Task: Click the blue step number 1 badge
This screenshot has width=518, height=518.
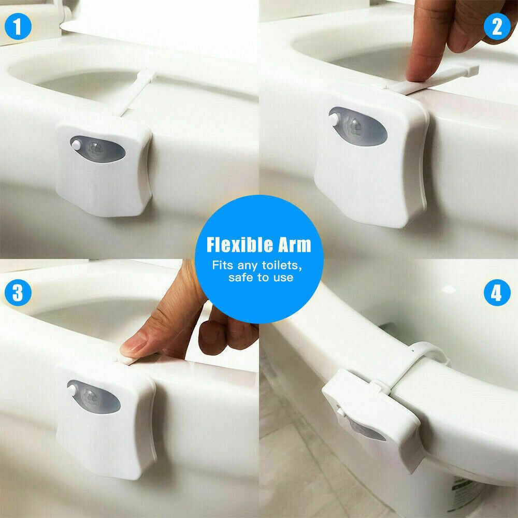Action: click(x=18, y=26)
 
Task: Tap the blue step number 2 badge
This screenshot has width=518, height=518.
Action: click(x=497, y=26)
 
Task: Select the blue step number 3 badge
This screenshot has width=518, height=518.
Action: click(x=18, y=293)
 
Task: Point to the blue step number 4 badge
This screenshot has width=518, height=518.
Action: click(x=497, y=293)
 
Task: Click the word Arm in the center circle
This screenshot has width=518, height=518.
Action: click(x=295, y=245)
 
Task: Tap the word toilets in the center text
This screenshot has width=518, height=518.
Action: click(x=281, y=265)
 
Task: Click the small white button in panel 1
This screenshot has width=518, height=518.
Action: click(x=76, y=144)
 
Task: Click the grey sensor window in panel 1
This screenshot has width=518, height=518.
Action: click(x=98, y=149)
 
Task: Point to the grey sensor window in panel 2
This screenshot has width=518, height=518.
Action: click(x=358, y=126)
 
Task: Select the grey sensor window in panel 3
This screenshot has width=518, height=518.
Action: click(x=94, y=397)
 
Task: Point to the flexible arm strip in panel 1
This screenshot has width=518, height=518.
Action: click(x=132, y=93)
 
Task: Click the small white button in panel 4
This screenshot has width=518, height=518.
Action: click(x=340, y=412)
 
